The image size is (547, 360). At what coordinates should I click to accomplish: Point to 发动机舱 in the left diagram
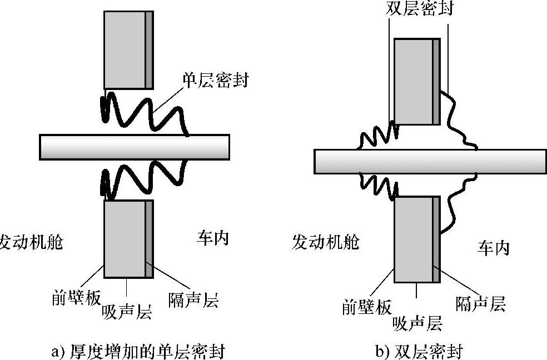(x=31, y=242)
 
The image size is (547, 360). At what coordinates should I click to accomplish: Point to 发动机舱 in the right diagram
(x=325, y=242)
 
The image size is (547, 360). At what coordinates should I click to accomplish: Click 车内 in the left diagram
(x=213, y=238)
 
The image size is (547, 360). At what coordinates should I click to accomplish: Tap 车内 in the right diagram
(x=493, y=248)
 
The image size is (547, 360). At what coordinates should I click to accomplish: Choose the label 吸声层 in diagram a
(x=127, y=312)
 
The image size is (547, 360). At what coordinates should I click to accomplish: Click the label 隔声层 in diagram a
(x=193, y=301)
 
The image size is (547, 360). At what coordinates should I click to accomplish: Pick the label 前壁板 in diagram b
(x=367, y=307)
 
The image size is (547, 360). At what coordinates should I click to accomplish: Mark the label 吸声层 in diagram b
(x=417, y=322)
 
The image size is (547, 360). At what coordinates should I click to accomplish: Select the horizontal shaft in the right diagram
(x=430, y=161)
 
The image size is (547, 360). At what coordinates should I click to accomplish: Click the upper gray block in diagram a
(x=125, y=49)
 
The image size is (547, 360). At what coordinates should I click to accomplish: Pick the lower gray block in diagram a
(x=125, y=239)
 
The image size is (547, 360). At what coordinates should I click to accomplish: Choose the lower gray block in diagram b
(x=414, y=239)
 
